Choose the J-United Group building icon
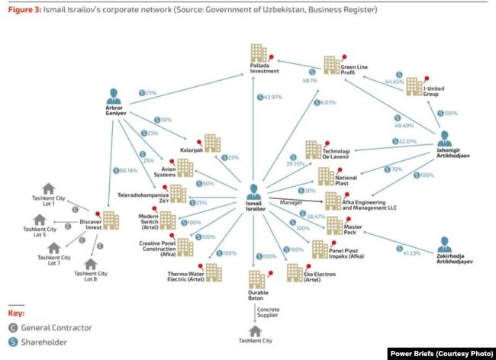(x=413, y=85)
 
